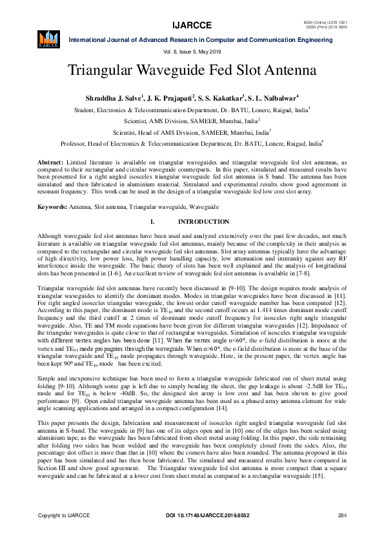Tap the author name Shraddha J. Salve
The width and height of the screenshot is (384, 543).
[114, 98]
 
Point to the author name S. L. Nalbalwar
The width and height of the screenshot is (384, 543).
[272, 98]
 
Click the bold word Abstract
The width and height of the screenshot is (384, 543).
[50, 161]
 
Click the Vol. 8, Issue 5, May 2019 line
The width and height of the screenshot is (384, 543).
[192, 52]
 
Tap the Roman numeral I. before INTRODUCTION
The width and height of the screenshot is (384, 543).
[152, 222]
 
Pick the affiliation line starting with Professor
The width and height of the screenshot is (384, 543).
[192, 144]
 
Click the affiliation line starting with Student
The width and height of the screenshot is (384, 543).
[192, 110]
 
